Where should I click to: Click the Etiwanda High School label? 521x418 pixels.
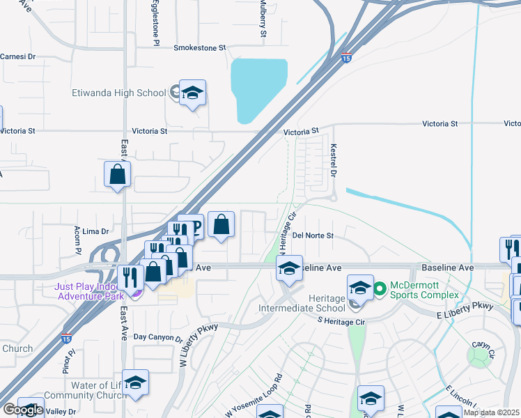tap(119, 93)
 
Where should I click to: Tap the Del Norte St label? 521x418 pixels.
tap(313, 235)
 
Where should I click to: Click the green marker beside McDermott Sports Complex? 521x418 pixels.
tap(380, 287)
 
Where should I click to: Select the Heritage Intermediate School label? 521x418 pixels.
tap(302, 302)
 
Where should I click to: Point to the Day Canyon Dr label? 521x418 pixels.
tap(157, 337)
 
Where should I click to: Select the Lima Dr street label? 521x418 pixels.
tap(96, 231)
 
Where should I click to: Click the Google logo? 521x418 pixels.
tap(22, 410)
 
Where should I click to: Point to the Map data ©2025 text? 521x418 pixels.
tap(492, 412)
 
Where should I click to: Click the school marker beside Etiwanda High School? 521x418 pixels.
tap(192, 93)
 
